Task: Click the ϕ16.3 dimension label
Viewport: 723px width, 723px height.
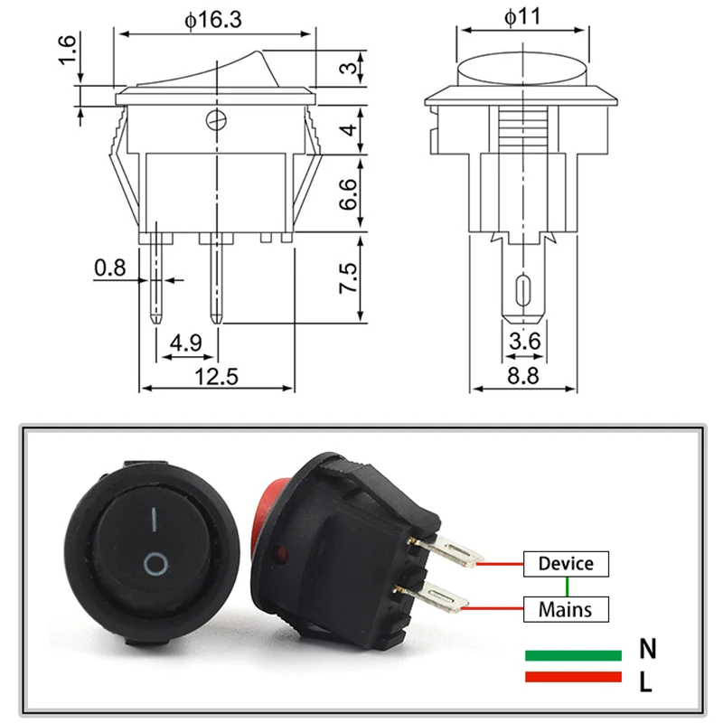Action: coord(213,20)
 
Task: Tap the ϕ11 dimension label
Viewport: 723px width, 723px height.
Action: coord(522,17)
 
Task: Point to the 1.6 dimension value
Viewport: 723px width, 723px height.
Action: coord(67,50)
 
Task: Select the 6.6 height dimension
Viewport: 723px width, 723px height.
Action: coord(349,194)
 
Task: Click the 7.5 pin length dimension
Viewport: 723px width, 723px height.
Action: coord(349,278)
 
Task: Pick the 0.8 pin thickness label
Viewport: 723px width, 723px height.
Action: coord(109,268)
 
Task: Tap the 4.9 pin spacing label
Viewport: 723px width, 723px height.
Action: coord(186,343)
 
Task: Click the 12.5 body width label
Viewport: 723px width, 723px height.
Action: coord(216,377)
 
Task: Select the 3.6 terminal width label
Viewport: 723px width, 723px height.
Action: coord(525,342)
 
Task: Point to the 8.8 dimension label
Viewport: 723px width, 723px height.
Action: coord(523,376)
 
